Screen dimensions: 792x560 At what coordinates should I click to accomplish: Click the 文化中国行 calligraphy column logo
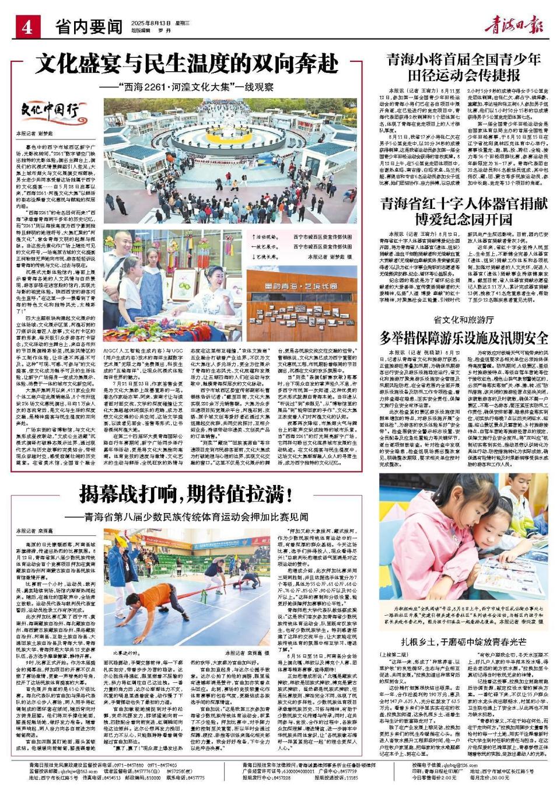50,109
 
